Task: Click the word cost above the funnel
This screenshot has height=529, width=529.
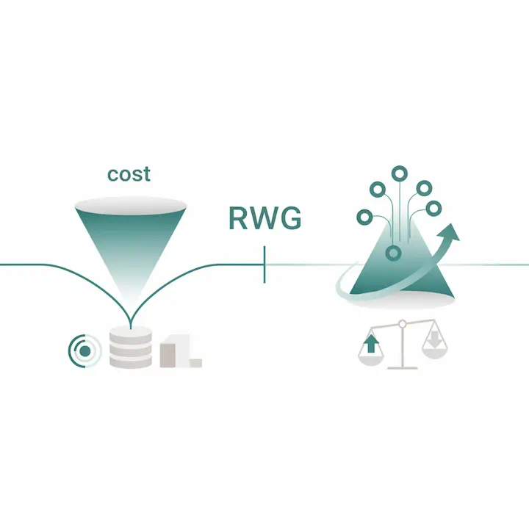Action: coord(129,174)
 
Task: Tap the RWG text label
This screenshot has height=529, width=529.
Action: coord(265,218)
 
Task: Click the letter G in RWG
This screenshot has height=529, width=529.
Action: coord(290,218)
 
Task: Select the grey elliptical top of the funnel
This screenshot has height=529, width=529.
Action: coord(131,206)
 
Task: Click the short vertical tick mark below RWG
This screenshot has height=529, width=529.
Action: coord(264,264)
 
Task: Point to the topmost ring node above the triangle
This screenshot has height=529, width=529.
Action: coord(400,173)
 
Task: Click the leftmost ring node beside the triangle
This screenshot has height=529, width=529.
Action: coord(364,217)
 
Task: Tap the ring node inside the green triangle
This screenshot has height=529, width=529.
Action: coord(393,253)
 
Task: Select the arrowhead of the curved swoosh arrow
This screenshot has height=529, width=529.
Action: coord(449,233)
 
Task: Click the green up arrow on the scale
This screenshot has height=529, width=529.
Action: coord(371,343)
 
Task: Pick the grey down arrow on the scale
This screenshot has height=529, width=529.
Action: coord(434,339)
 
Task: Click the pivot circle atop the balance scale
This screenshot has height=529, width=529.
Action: coord(402,324)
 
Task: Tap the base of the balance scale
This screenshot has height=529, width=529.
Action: coord(402,368)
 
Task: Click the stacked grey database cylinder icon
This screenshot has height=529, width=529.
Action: coord(131,347)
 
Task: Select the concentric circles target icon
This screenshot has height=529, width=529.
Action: coord(84,351)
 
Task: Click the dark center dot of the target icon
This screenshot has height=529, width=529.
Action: coord(84,351)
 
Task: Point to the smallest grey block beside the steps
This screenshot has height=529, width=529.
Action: coord(195,363)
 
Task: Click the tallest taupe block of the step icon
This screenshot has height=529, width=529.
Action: coord(168,356)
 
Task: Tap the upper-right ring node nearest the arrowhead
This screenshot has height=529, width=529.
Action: coord(433,209)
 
